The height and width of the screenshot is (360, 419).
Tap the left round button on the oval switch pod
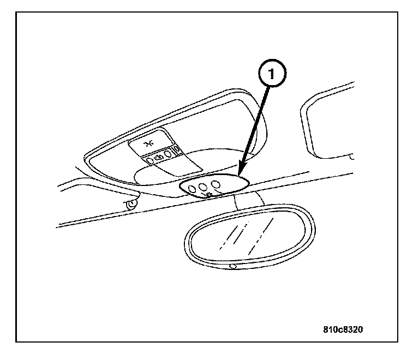pyautogui.click(x=192, y=189)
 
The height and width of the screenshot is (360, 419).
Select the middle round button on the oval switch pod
pyautogui.click(x=204, y=187)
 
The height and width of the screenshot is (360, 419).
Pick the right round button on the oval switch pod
pyautogui.click(x=217, y=185)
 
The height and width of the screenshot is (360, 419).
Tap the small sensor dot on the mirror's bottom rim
pyautogui.click(x=233, y=266)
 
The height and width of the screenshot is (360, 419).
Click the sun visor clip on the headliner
pyautogui.click(x=131, y=205)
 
